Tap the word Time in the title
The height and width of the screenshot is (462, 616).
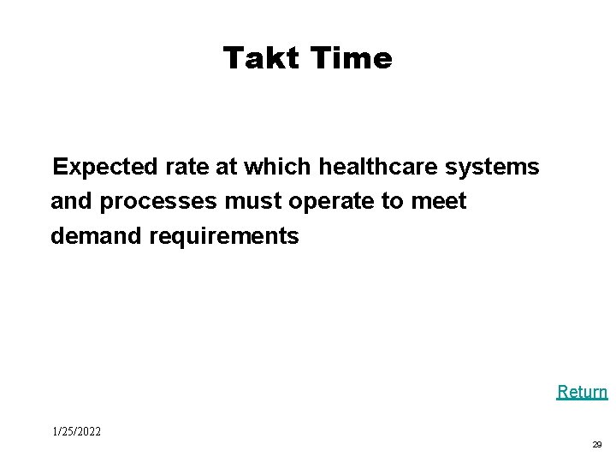(352, 58)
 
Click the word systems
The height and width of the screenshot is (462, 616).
(493, 167)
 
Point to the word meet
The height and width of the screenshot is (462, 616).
(438, 202)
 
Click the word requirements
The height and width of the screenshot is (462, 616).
(223, 236)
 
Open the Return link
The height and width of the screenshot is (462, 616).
(582, 392)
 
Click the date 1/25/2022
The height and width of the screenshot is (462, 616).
(76, 431)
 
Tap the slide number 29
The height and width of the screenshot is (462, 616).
(596, 445)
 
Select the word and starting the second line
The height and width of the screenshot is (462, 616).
(72, 202)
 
